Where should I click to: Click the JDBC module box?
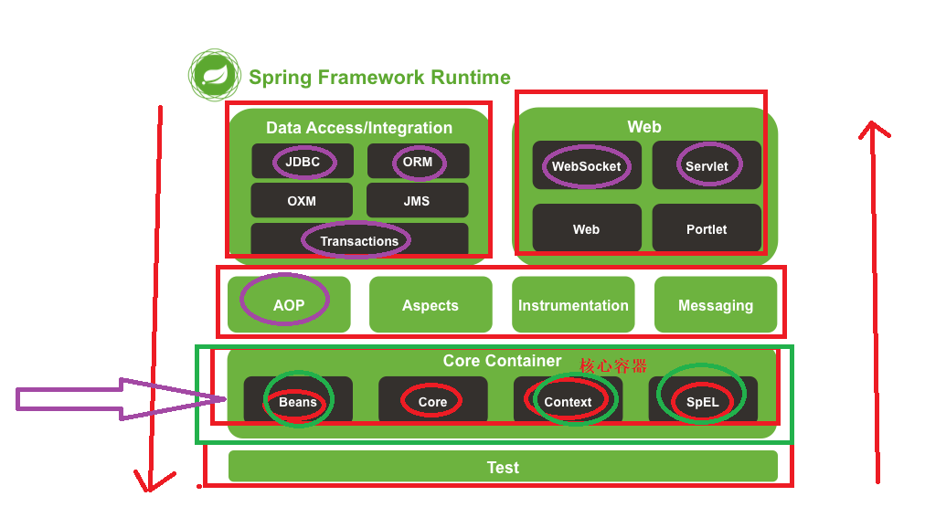click(x=303, y=162)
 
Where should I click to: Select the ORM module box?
click(x=418, y=162)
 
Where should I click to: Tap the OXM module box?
click(x=302, y=201)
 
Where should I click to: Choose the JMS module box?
click(x=417, y=201)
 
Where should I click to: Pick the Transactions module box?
click(x=359, y=240)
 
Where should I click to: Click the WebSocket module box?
click(x=586, y=165)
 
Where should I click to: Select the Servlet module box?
click(x=707, y=165)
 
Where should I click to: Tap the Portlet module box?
click(x=707, y=228)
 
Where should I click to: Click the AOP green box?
click(x=289, y=304)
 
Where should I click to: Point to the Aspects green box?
click(x=431, y=305)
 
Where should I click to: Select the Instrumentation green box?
click(x=573, y=305)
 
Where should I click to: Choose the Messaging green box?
click(x=716, y=305)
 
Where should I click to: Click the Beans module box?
click(x=298, y=401)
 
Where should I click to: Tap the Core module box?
click(x=432, y=401)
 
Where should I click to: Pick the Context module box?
click(x=568, y=401)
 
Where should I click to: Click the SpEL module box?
click(x=702, y=401)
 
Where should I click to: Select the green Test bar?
click(x=503, y=467)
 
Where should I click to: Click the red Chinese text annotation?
click(x=613, y=365)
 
